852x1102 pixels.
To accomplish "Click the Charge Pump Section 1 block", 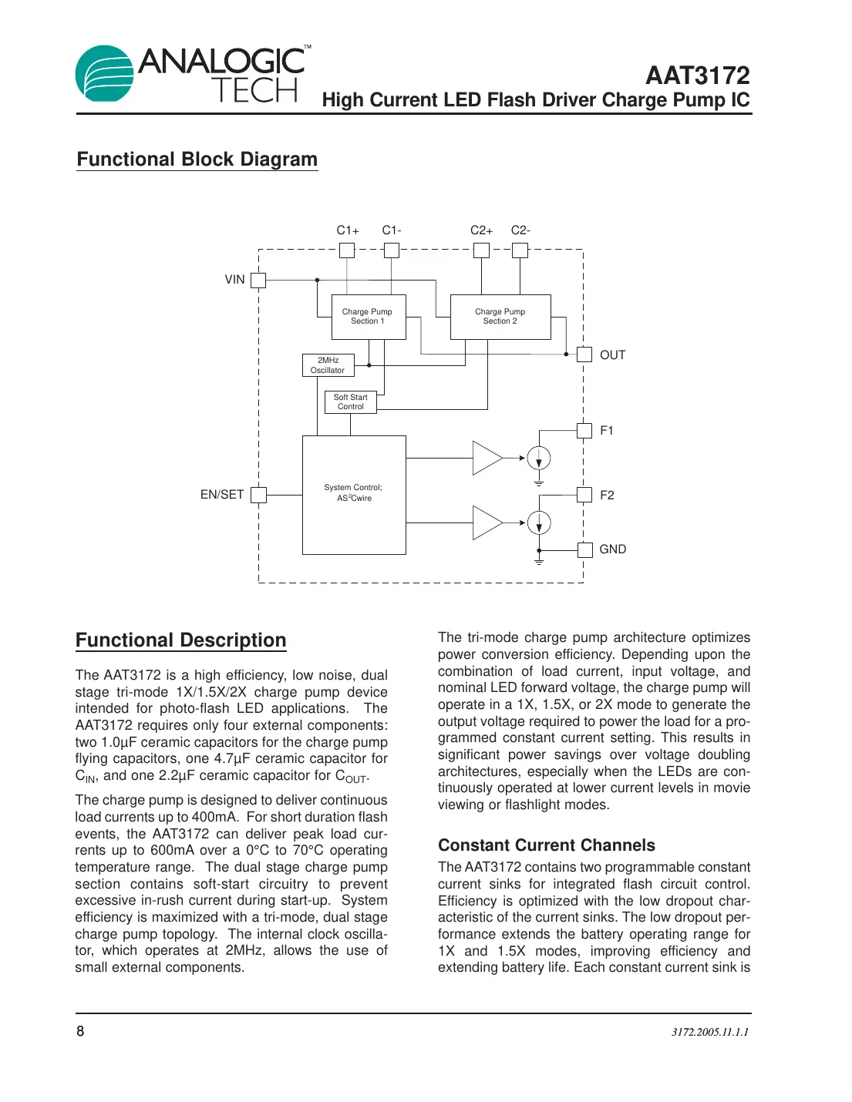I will point(368,317).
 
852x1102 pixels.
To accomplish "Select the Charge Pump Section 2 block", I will point(500,317).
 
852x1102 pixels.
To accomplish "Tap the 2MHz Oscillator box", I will point(328,365).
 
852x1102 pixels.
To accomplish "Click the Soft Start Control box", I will point(351,402).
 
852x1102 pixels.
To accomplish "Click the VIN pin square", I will point(258,280).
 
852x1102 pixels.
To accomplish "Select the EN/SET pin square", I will point(258,495).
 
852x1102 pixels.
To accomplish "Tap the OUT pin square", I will point(584,354).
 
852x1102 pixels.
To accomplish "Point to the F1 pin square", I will point(584,430).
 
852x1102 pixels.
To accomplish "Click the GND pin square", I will point(584,549).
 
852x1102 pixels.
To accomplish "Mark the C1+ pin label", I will point(348,230).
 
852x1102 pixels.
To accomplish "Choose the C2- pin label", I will point(520,230).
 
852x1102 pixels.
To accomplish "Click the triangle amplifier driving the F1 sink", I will point(486,458).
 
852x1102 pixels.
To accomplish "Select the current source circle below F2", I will point(539,522).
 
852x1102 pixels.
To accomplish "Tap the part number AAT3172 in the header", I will point(697,76).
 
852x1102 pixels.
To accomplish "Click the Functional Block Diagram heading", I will point(197,160).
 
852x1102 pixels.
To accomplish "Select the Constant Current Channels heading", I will point(546,845).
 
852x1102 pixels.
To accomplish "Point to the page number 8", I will point(80,1031).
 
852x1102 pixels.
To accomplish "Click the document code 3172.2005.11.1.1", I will point(709,1032).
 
